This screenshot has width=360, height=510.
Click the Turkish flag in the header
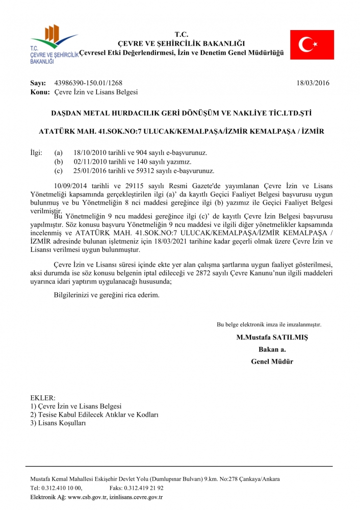click(312, 45)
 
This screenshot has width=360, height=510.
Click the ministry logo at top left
click(54, 45)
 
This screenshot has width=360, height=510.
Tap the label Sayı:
click(38, 83)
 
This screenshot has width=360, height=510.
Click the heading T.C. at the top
click(182, 34)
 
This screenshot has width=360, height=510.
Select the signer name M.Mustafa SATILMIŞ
click(272, 338)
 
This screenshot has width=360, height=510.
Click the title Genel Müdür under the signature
click(272, 362)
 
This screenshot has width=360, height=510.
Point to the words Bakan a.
click(272, 350)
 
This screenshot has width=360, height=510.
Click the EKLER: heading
click(43, 398)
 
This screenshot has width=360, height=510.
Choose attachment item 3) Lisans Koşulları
click(58, 423)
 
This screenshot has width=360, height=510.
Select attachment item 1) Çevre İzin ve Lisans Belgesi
click(76, 406)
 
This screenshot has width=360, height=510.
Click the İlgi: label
click(38, 152)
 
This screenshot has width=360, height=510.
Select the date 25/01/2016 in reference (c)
click(90, 171)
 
